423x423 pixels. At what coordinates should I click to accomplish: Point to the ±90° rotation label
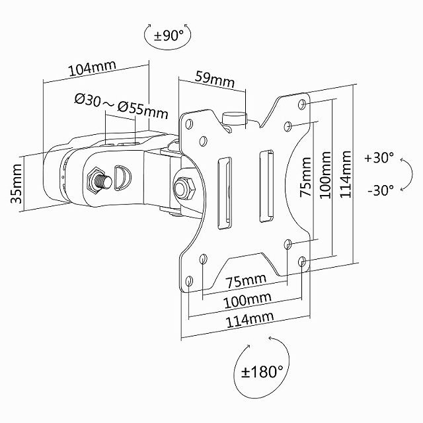pyautogui.click(x=168, y=36)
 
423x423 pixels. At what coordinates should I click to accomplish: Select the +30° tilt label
pyautogui.click(x=379, y=159)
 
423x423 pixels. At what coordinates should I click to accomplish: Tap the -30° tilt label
pyautogui.click(x=379, y=190)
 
